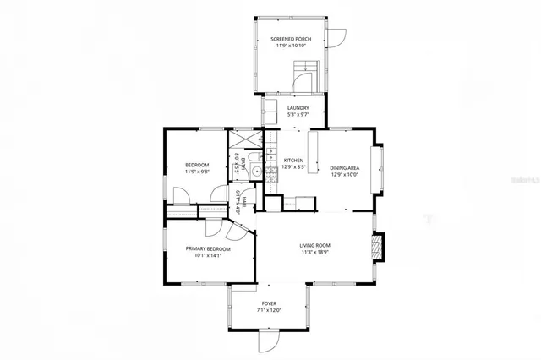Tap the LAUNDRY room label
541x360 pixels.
point(298,108)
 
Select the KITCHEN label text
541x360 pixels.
point(293,161)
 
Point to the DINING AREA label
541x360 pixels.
point(344,167)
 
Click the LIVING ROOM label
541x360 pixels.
point(314,246)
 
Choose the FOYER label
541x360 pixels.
point(269,303)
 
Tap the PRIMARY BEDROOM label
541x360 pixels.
point(207,248)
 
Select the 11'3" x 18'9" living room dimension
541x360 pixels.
point(314,253)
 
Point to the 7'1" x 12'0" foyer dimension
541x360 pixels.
point(269,310)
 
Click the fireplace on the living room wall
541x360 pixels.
point(380,247)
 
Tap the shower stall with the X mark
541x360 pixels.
point(242,139)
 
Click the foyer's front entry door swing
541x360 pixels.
point(266,343)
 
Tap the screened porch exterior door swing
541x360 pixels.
point(337,38)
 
